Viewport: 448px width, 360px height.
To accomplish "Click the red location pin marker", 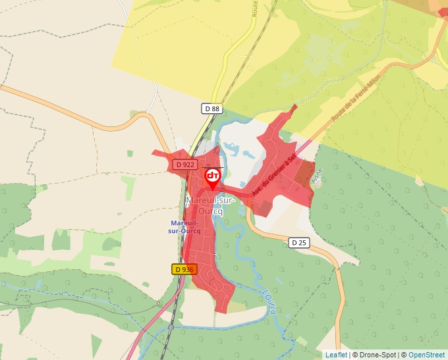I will pos(213,177).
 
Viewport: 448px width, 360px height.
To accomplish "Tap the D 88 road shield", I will pos(211,108).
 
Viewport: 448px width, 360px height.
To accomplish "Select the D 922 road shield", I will pos(185,164).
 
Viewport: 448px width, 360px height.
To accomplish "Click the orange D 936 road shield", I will pos(184,269).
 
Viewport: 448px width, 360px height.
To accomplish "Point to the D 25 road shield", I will pos(299,243).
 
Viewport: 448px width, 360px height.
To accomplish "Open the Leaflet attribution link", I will pos(336,355).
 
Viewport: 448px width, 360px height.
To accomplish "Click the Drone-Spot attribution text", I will pos(376,355).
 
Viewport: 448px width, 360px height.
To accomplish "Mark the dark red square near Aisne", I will pos(304,174).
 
